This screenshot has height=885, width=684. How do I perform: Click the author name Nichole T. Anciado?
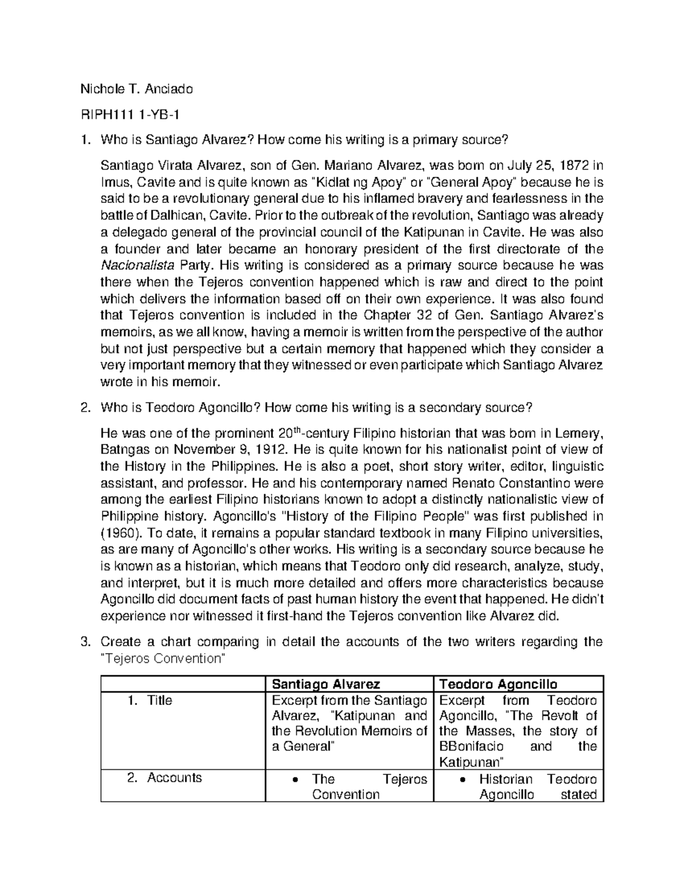click(136, 89)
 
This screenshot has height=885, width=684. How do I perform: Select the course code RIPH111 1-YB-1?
click(131, 116)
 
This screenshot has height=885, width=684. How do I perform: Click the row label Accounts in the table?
click(174, 778)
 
